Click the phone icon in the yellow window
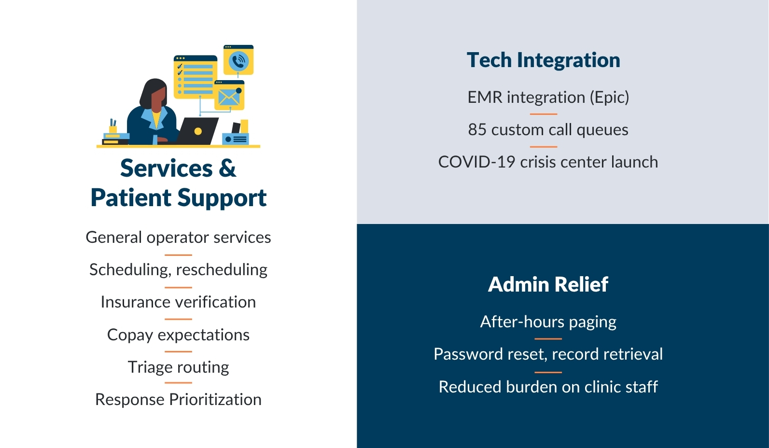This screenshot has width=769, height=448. tap(238, 62)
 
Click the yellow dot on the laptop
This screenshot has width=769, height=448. tap(198, 131)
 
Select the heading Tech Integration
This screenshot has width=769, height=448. tap(543, 60)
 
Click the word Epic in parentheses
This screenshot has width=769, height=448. tap(609, 98)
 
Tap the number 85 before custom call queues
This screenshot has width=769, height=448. tap(477, 130)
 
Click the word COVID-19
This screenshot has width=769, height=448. tap(476, 162)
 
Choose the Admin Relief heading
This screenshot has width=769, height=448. tap(548, 284)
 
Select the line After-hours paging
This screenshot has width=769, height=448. tap(548, 322)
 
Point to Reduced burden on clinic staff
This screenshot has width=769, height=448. tap(548, 387)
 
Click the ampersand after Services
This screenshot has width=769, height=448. tap(227, 169)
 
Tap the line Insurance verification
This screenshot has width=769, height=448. tap(178, 302)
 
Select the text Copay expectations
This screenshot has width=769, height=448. tap(178, 335)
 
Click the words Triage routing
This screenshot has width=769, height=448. tap(178, 367)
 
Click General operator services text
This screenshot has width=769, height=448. tap(178, 238)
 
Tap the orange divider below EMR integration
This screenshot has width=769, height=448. tap(543, 114)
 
